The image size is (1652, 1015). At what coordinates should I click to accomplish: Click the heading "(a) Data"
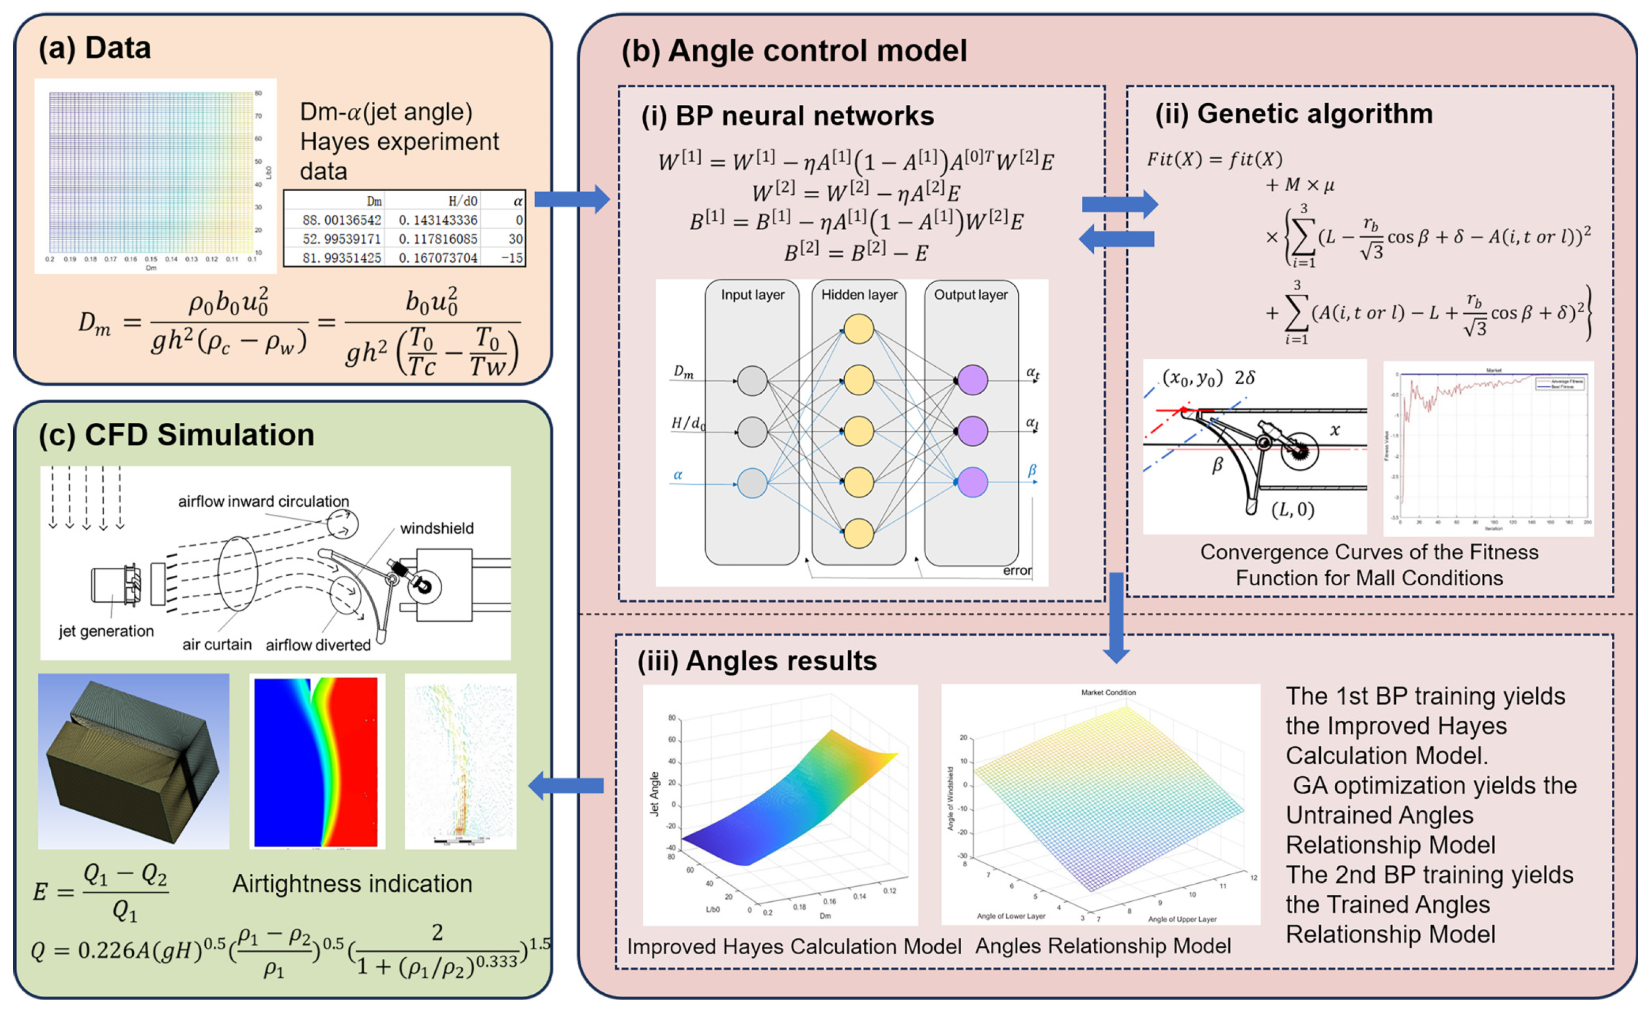tap(95, 48)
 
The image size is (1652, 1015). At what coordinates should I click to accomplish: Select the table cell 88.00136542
tap(342, 220)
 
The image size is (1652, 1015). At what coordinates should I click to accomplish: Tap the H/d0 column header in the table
tap(462, 201)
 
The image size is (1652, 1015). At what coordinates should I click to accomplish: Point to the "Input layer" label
tap(752, 295)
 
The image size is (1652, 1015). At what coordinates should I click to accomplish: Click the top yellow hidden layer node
tap(858, 329)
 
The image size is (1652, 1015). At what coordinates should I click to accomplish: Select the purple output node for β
tap(972, 482)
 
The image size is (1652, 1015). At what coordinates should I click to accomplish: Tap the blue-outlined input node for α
tap(752, 482)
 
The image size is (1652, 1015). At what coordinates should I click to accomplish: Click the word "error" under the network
tap(1017, 570)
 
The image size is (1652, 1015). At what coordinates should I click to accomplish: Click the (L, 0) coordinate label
tap(1292, 510)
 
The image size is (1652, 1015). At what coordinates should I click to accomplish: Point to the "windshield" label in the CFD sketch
tap(436, 528)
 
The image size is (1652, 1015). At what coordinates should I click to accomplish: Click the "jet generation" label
tap(106, 631)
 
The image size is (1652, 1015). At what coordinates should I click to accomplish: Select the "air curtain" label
tap(217, 645)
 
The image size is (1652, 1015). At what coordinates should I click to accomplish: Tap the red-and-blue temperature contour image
tap(317, 760)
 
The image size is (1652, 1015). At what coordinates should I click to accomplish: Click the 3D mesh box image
tap(133, 760)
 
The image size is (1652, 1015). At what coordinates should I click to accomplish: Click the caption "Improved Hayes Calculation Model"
tap(794, 947)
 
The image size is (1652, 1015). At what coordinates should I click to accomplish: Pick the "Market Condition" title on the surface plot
tap(1108, 692)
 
